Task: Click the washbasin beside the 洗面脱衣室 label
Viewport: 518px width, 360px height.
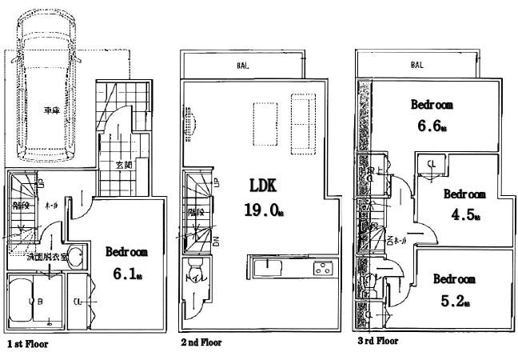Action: [74, 258]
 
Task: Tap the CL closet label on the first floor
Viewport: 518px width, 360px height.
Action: [78, 302]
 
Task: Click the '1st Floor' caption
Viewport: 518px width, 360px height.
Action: [28, 345]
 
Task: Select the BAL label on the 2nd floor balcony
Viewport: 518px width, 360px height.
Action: [242, 66]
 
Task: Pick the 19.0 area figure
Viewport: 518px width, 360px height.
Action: [259, 210]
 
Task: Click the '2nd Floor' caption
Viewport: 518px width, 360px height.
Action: [201, 342]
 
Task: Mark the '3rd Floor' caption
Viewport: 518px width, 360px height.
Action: [377, 341]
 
